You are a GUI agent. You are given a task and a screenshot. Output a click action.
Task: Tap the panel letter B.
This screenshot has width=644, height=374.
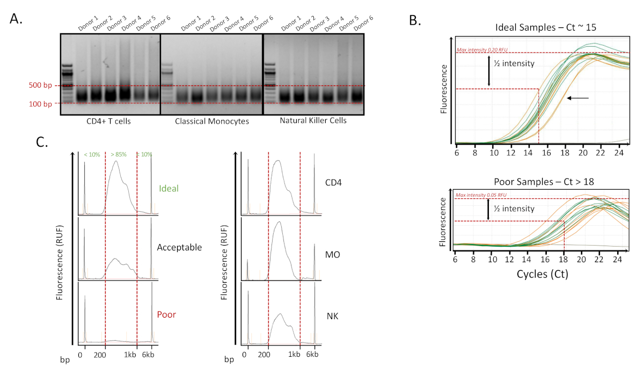(x=414, y=20)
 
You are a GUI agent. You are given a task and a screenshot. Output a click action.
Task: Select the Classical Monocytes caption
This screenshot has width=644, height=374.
(x=212, y=121)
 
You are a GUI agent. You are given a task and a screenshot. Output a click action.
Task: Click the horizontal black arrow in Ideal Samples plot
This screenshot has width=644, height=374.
(x=578, y=98)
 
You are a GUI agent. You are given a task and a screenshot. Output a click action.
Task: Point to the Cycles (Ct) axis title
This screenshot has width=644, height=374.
(x=542, y=274)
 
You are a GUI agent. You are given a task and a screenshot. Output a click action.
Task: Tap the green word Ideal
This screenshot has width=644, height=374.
(x=169, y=189)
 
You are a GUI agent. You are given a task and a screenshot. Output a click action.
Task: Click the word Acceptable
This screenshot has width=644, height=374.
(x=179, y=248)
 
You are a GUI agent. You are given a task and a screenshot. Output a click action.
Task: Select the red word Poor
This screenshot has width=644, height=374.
(x=166, y=314)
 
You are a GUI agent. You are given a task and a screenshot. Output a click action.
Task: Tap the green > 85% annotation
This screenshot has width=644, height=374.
(x=118, y=155)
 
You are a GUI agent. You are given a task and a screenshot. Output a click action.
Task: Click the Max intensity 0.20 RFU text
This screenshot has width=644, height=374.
(x=482, y=51)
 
